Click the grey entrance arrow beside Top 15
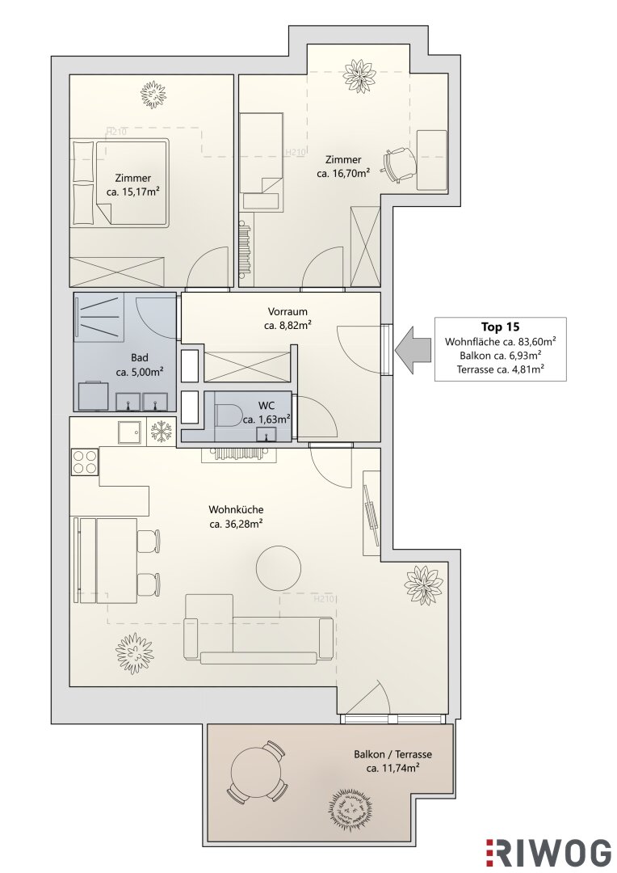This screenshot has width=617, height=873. coord(413,351)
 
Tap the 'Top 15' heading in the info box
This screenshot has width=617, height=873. coord(500,327)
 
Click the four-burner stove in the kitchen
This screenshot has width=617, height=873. coord(85,461)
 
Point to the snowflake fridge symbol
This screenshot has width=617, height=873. coord(162,432)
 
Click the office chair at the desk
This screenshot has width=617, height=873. coord(398,163)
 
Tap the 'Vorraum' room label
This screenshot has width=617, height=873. coord(287,312)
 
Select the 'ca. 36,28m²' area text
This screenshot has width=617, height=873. coord(236,524)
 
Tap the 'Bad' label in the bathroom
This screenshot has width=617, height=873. coord(140,357)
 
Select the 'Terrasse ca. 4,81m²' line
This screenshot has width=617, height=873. coord(500,369)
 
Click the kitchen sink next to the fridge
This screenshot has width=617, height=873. coord(130,432)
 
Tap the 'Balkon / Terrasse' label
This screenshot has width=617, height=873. coord(392,754)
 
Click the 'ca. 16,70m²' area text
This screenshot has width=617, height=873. coord(343,174)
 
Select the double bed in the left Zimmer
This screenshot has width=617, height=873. coord(120,183)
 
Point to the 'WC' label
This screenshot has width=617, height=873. coord(267,406)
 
